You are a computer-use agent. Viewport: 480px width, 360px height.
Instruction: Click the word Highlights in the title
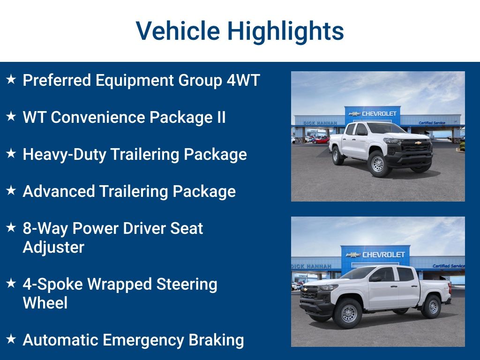tap(285, 31)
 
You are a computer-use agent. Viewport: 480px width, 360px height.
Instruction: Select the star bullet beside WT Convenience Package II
tap(11, 117)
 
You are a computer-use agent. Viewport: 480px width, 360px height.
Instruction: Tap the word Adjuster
tap(53, 247)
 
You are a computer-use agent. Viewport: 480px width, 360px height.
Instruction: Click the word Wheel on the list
tap(45, 303)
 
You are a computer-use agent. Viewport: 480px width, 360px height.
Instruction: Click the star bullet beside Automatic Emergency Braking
tap(11, 339)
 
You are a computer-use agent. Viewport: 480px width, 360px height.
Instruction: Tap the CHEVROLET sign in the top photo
tap(374, 113)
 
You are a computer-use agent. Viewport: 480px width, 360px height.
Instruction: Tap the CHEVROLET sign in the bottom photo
tap(377, 255)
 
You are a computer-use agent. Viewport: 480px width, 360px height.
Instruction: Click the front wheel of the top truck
tap(377, 164)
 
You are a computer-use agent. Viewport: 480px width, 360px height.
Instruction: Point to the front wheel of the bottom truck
tap(348, 313)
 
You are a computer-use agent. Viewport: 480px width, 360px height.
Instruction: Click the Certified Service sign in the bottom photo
tap(448, 266)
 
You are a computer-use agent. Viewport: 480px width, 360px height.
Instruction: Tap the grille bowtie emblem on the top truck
tap(418, 143)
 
